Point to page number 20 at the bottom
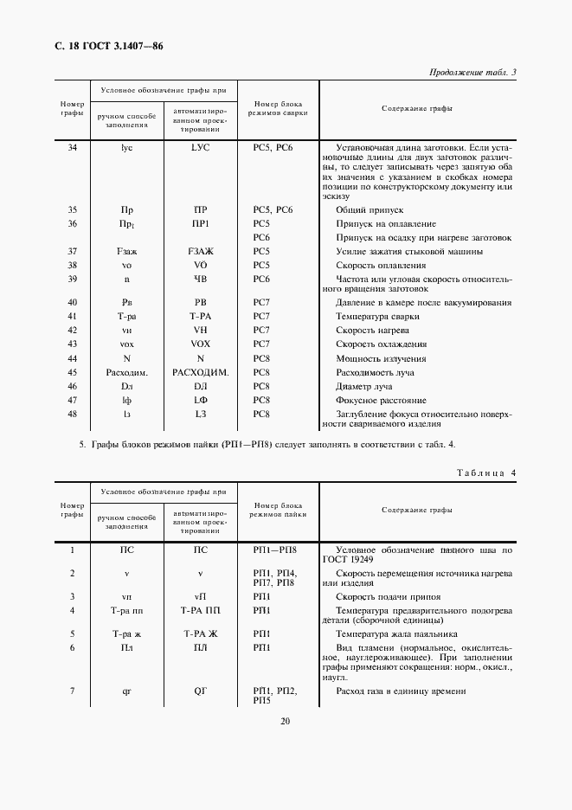[286, 721]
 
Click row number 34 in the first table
[73, 148]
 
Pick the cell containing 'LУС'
[200, 148]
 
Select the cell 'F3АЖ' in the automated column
[200, 251]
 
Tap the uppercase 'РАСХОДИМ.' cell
[200, 372]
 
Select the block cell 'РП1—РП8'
[274, 550]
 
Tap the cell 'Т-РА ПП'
[200, 611]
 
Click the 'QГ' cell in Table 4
[200, 691]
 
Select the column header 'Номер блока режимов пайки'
[274, 509]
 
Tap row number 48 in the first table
[73, 415]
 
